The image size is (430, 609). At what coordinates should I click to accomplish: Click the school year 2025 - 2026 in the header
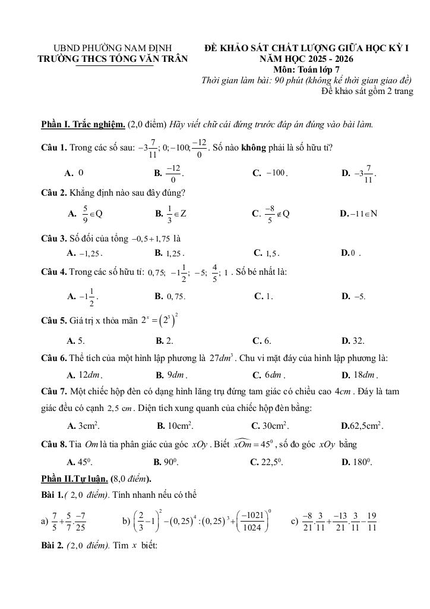click(x=328, y=59)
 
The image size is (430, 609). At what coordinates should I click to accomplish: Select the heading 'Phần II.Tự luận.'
click(x=75, y=479)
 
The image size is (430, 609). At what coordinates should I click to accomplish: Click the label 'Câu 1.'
click(x=54, y=147)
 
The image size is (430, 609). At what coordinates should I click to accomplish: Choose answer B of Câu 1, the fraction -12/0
click(x=173, y=174)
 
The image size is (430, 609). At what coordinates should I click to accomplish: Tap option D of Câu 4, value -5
click(x=359, y=296)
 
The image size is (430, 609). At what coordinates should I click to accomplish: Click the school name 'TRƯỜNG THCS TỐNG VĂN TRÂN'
click(x=112, y=59)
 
